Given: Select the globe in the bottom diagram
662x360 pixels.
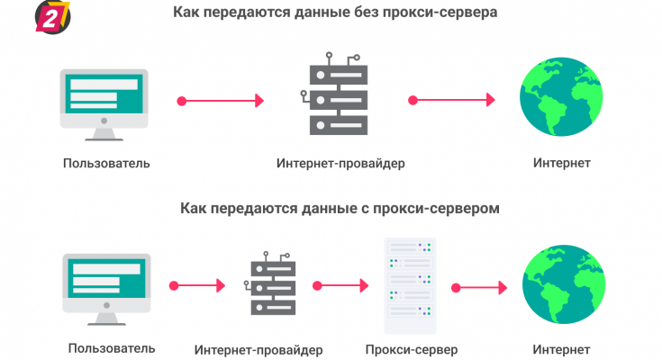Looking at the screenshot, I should [560, 285].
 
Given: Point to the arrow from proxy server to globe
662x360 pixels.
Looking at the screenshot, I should [482, 289].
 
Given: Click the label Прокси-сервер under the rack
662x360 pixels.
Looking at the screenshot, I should [413, 348].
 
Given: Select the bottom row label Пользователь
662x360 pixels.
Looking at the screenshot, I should [111, 347].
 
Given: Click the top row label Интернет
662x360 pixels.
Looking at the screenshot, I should [561, 163].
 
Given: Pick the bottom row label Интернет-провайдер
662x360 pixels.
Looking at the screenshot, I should [258, 349].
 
